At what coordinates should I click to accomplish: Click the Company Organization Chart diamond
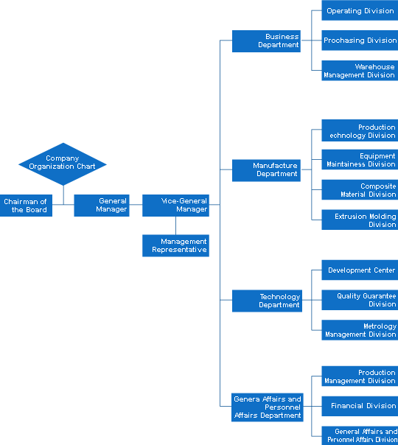coord(63,164)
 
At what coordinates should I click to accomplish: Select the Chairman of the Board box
coord(26,206)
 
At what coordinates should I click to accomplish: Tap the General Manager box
coord(102,206)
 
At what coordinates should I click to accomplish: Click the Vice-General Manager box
coord(175,206)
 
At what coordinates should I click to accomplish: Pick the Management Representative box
coord(175,245)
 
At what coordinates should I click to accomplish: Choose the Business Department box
coord(266,41)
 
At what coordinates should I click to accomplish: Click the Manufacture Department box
coord(266,170)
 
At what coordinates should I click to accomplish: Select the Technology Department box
coord(267,301)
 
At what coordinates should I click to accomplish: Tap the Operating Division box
coord(360,10)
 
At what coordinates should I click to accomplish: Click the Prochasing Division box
coord(360,41)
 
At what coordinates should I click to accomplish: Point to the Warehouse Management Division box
coord(360,71)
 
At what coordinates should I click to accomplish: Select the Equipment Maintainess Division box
coord(360,159)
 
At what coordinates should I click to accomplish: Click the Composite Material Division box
coord(360,189)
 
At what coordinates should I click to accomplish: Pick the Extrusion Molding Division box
coord(360,220)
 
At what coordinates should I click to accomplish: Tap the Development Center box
coord(360,270)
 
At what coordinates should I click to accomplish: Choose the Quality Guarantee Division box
coord(360,300)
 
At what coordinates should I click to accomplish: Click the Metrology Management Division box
coord(360,330)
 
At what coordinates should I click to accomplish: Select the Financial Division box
coord(360,406)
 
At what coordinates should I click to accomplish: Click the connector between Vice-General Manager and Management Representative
coord(175,225)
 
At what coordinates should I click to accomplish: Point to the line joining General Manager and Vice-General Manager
coord(136,204)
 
